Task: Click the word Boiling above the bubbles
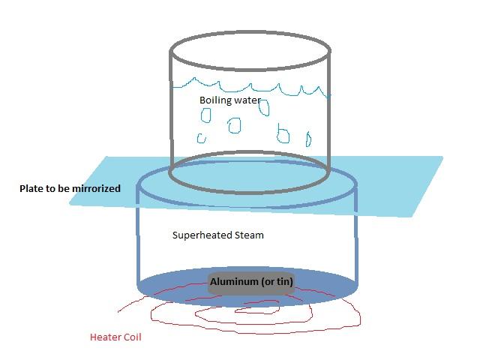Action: pyautogui.click(x=214, y=100)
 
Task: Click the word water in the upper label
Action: pyautogui.click(x=247, y=100)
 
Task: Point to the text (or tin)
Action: pyautogui.click(x=275, y=281)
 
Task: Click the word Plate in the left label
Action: pyautogui.click(x=32, y=188)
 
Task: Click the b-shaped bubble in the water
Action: pyautogui.click(x=283, y=134)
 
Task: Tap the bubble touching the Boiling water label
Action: pyautogui.click(x=264, y=107)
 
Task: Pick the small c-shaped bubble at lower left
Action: pyautogui.click(x=201, y=137)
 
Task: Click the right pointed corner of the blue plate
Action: pyautogui.click(x=441, y=158)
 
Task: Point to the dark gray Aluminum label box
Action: pyautogui.click(x=250, y=281)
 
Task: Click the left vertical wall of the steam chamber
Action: pyautogui.click(x=137, y=240)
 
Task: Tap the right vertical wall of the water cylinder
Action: pyautogui.click(x=328, y=112)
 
